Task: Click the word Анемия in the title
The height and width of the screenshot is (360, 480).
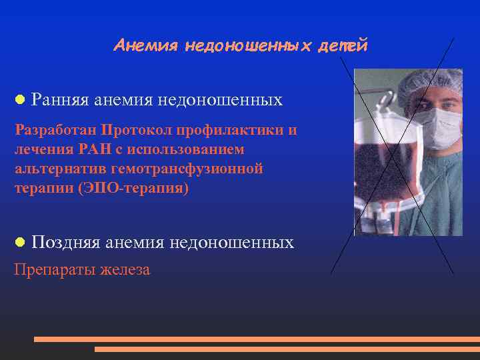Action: click(146, 45)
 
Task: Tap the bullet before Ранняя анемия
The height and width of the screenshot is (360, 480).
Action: click(20, 100)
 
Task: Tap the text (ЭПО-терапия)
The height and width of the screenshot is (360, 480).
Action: click(133, 189)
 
